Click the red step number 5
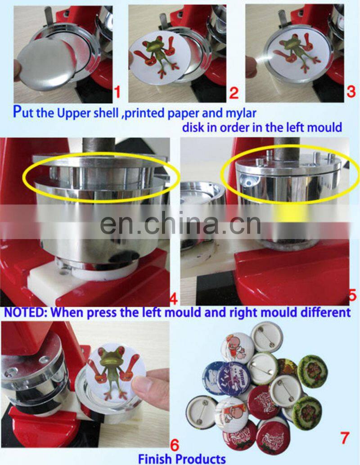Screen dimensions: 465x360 352,295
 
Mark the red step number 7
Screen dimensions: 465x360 344,436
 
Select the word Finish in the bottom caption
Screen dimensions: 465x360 155,459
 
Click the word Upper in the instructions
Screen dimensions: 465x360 74,112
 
